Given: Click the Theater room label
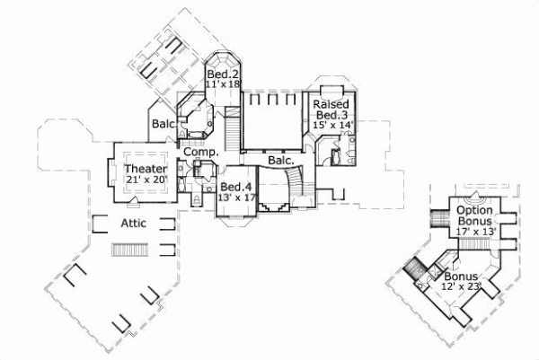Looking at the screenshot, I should point(144,169).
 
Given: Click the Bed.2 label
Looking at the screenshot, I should point(222,73).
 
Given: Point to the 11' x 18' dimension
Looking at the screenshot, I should point(224,83).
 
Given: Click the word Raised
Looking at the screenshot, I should point(331,104).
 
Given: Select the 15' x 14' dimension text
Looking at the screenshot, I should point(333,127).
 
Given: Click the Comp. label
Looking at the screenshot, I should point(202,154).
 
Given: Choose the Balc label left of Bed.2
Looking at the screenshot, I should point(163,124).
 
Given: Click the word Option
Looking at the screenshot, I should point(473,210).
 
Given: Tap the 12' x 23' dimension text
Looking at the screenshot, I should point(463,286).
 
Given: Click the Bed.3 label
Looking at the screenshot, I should point(331,116).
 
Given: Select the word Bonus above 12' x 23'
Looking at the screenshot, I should point(460,277).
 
